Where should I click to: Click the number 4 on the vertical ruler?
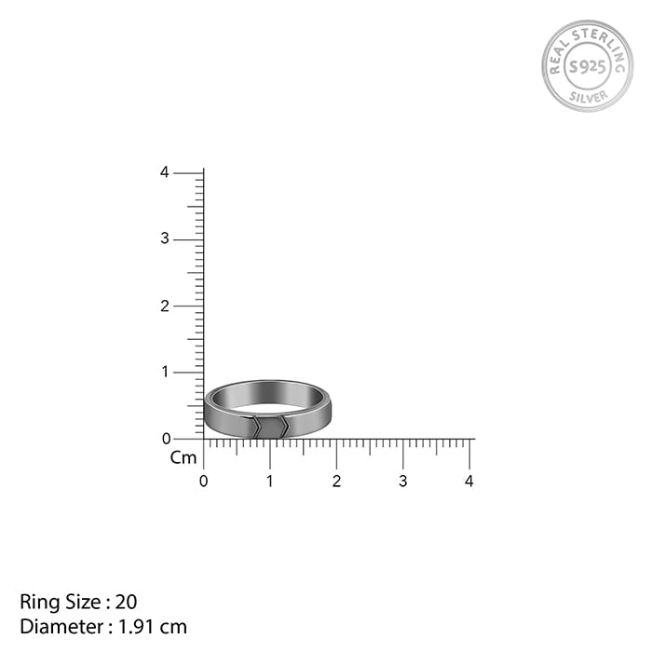click(x=165, y=172)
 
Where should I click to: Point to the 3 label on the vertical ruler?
click(x=165, y=238)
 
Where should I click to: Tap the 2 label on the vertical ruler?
click(x=165, y=306)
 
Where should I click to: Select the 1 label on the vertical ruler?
click(x=166, y=372)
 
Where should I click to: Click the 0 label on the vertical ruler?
click(x=167, y=439)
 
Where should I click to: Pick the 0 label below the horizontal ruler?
click(x=203, y=482)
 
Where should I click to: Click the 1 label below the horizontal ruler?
click(x=270, y=482)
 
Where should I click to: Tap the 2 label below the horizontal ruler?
click(x=336, y=482)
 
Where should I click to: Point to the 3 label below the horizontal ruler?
click(x=402, y=482)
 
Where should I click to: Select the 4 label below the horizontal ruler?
click(x=469, y=482)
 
